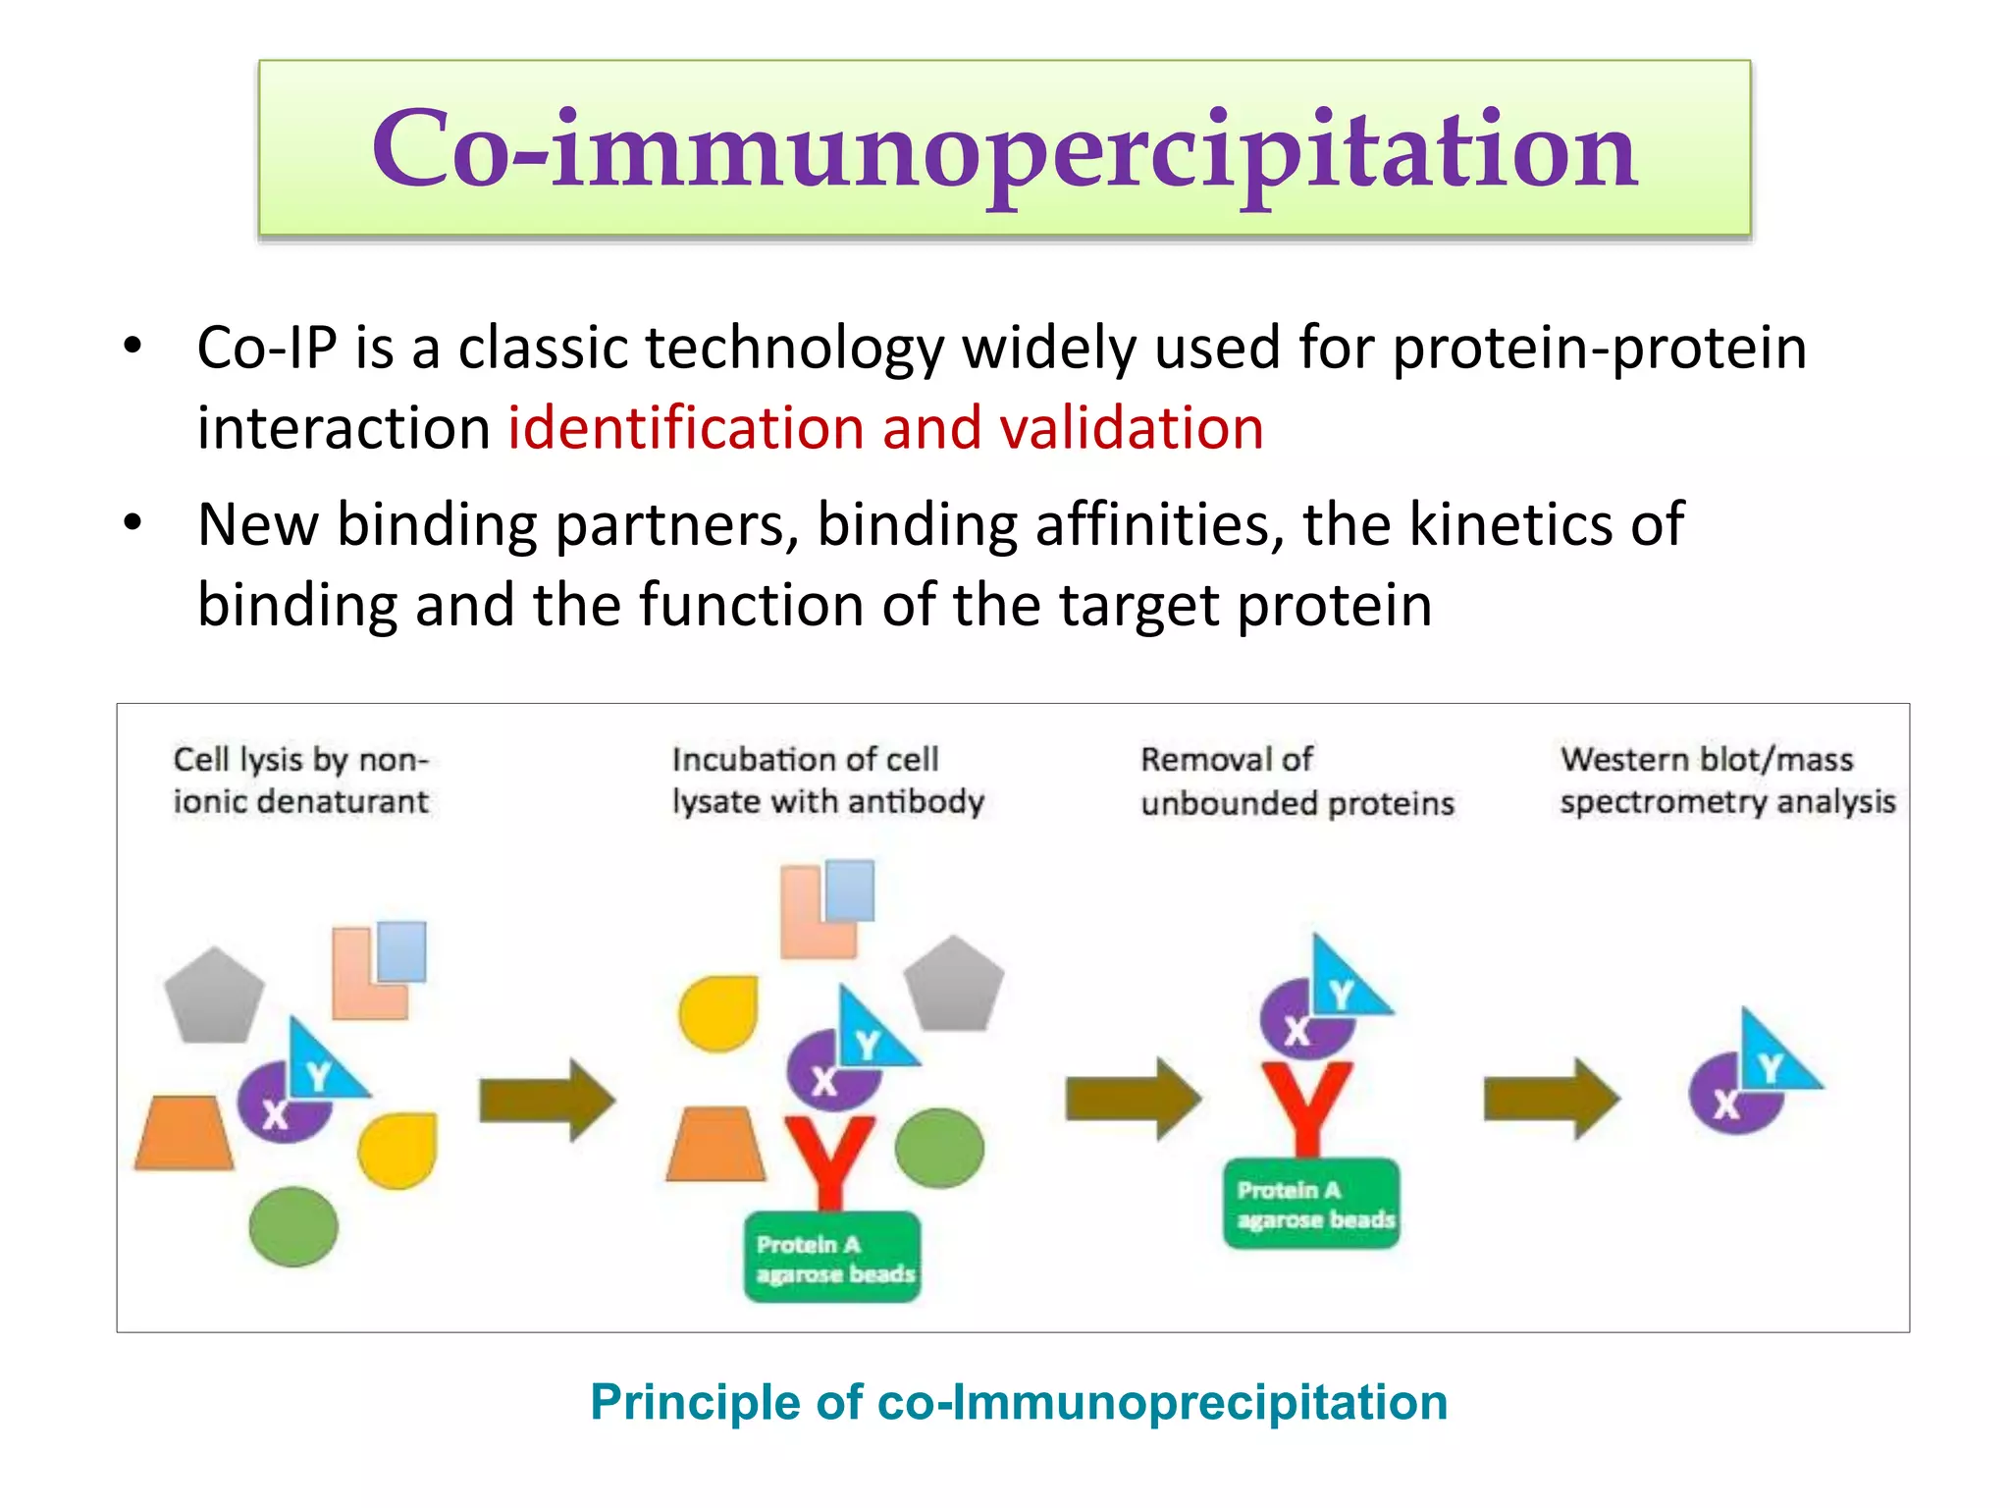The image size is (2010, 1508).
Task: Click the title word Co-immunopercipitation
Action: point(1004,149)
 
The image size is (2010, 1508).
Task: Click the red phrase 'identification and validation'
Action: point(885,428)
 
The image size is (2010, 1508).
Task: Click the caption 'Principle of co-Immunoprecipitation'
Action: point(1018,1401)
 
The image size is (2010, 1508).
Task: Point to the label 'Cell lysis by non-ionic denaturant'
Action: point(300,781)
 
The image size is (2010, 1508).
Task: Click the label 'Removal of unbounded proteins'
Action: point(1296,781)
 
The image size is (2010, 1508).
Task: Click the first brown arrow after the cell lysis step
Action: point(546,1100)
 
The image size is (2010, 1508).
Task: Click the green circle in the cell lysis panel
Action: point(292,1226)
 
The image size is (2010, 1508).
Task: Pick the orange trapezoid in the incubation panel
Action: point(715,1145)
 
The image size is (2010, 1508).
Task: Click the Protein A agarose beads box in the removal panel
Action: point(1311,1204)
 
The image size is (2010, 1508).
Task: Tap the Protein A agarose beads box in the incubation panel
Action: point(832,1258)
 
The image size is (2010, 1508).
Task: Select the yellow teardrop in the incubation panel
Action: point(718,1012)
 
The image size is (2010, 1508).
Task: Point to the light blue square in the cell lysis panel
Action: point(401,950)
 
